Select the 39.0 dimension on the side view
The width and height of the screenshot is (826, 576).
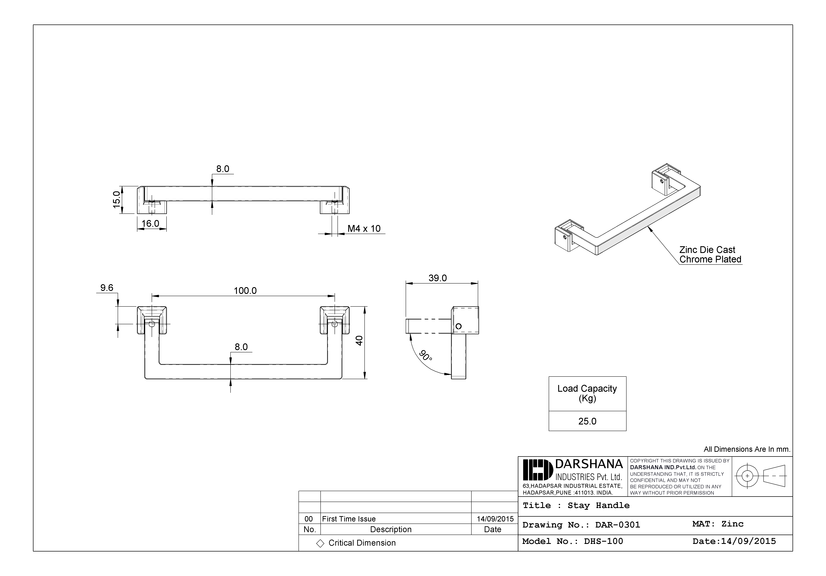click(x=437, y=278)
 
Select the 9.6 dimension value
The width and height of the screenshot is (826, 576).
click(x=107, y=288)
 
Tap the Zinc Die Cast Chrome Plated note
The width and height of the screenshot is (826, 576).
click(x=710, y=255)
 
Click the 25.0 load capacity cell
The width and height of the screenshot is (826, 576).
click(x=587, y=421)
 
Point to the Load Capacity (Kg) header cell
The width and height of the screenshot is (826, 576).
click(x=587, y=394)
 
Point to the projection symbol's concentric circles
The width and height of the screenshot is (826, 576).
click(x=747, y=476)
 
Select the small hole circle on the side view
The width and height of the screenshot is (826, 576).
click(x=458, y=326)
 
